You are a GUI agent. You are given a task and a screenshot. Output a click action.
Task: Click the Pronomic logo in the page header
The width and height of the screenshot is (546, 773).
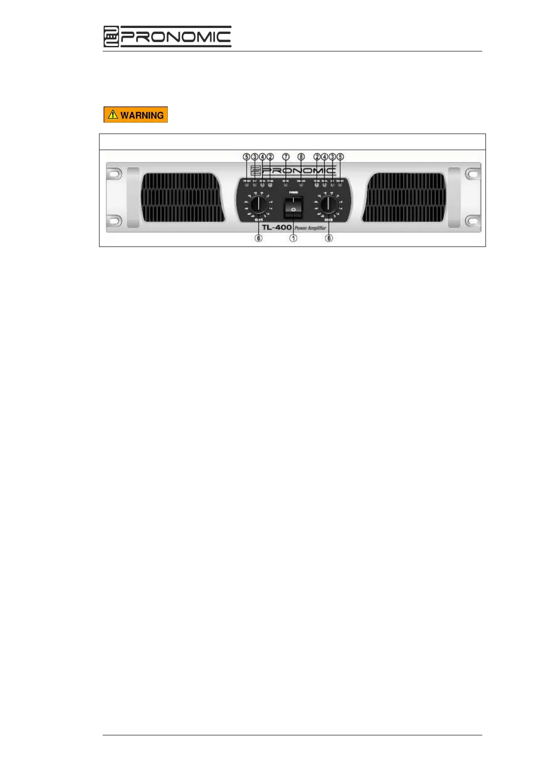167,37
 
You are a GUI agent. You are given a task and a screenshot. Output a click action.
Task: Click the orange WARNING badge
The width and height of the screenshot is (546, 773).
136,115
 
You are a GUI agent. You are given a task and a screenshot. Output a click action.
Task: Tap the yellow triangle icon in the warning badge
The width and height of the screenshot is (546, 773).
113,114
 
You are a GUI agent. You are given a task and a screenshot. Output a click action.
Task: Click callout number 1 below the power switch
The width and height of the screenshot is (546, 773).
293,238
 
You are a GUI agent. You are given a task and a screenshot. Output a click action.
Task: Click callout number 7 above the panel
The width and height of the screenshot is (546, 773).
286,157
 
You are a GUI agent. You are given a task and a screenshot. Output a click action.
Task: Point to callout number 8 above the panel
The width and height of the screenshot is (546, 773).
301,157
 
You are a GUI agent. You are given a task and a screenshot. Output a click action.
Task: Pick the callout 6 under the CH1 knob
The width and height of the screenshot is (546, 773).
259,238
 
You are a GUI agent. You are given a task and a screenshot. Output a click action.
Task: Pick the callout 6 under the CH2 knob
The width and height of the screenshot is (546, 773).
329,238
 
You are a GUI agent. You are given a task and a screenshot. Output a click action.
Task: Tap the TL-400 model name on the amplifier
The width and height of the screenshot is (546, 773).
276,227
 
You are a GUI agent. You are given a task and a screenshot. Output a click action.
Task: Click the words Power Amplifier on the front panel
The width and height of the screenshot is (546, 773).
310,228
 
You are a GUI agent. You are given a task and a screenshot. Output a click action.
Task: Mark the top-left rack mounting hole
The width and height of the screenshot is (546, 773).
114,174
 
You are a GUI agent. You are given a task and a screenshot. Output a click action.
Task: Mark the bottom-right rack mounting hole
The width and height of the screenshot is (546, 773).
472,221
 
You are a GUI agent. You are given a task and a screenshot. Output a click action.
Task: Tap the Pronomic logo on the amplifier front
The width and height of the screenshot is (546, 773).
293,171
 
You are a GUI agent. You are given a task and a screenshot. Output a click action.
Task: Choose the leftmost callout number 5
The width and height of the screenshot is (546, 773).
247,157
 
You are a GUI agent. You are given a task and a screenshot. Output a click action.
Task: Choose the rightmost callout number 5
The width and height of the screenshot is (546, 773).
340,157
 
